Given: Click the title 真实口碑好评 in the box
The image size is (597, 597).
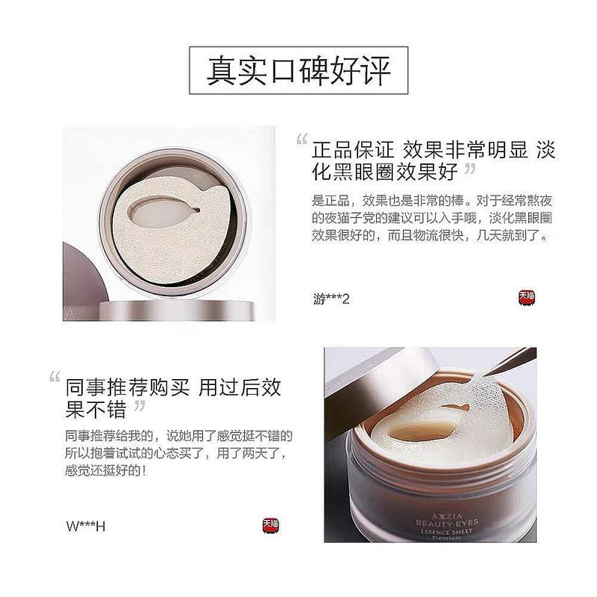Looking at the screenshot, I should coord(298,70).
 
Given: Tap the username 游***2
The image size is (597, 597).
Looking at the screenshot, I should coord(331,298).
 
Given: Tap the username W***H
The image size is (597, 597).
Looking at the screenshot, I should coord(86,526).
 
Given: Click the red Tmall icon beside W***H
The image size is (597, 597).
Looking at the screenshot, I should coord(270,526).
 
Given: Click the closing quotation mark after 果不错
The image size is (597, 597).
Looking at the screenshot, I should coord(138,408).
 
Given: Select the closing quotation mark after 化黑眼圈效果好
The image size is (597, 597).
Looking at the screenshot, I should coord(469,170).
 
